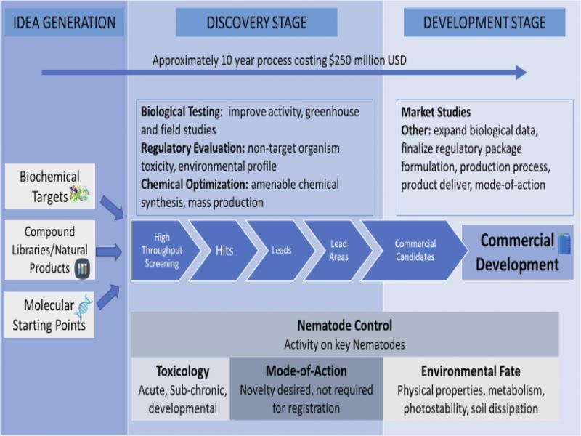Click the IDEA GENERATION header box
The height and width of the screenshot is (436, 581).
point(61,23)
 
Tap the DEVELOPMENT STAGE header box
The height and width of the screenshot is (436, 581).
point(484,23)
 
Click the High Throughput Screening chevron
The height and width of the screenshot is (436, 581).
point(161,251)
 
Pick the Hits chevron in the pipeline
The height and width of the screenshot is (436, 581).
point(224,251)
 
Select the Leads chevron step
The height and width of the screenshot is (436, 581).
point(281,251)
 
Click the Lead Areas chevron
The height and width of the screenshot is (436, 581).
point(338,251)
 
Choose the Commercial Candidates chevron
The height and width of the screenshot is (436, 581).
point(415,251)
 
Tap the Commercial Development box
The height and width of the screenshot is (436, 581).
point(517,251)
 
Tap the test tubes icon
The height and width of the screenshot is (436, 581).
point(82,268)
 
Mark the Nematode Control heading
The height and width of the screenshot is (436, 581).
point(344,326)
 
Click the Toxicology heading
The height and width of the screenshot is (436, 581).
point(182,371)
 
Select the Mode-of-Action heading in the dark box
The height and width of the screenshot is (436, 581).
point(306,371)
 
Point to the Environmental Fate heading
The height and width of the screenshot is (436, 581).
point(471,371)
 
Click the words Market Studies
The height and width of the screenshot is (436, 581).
point(436,113)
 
